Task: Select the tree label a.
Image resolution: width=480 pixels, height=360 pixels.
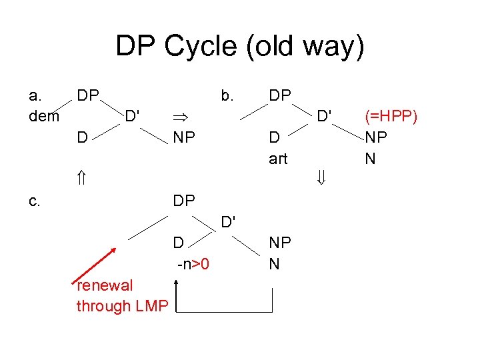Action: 36,95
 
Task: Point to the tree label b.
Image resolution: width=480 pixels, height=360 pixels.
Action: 227,95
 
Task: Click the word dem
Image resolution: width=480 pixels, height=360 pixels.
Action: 45,116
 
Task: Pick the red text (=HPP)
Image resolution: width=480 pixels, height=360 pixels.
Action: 391,116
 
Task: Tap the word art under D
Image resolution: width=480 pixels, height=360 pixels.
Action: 278,158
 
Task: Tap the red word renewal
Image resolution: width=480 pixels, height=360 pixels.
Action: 105,285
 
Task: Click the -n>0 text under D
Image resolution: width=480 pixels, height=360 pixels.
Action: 193,265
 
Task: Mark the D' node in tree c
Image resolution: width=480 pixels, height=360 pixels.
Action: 229,220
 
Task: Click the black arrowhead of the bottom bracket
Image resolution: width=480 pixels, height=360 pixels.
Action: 177,284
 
